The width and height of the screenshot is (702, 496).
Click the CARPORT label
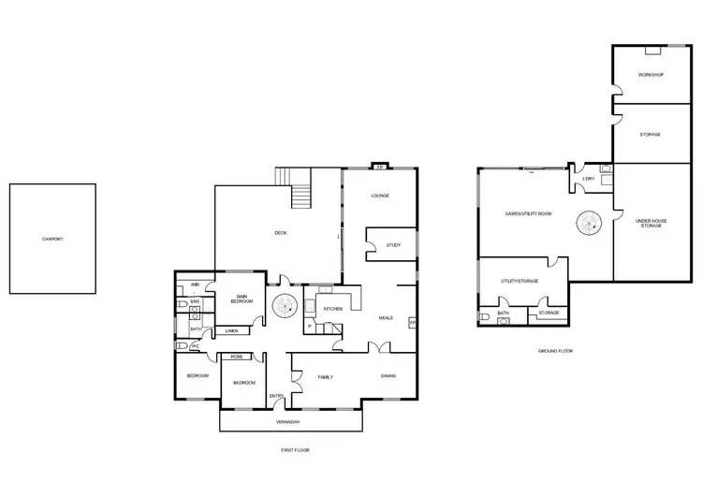pyautogui.click(x=52, y=239)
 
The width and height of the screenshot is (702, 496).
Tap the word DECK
pyautogui.click(x=280, y=232)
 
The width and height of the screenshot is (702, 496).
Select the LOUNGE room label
pyautogui.click(x=380, y=196)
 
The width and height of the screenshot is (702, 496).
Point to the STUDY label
pyautogui.click(x=393, y=246)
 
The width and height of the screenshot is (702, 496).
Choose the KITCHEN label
pyautogui.click(x=333, y=308)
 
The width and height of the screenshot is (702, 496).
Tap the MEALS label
pyautogui.click(x=385, y=317)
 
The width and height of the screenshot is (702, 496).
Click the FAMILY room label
pyautogui.click(x=327, y=377)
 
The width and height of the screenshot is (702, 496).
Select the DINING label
pyautogui.click(x=387, y=376)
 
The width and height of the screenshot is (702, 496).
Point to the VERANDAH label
pyautogui.click(x=288, y=422)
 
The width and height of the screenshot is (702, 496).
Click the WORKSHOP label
pyautogui.click(x=651, y=74)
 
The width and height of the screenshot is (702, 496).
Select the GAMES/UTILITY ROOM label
pyautogui.click(x=528, y=213)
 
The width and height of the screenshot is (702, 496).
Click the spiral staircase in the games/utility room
pyautogui.click(x=589, y=222)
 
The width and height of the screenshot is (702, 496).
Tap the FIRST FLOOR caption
pyautogui.click(x=295, y=450)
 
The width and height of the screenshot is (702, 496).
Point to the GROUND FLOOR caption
pyautogui.click(x=555, y=351)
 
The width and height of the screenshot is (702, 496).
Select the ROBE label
pyautogui.click(x=237, y=357)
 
